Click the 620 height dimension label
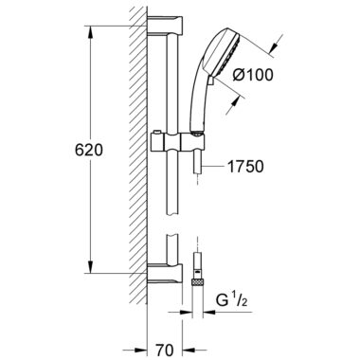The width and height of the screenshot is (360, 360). (x=89, y=150)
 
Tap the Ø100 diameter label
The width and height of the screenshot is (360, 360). (x=253, y=75)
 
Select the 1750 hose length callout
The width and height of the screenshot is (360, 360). (x=245, y=166)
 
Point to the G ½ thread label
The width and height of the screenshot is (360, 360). (x=231, y=300)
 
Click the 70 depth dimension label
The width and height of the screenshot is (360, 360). (x=165, y=350)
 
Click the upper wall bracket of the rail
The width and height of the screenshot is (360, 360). (x=165, y=26)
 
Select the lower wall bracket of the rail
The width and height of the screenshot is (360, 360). (x=165, y=273)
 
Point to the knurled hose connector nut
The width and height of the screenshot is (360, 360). (x=197, y=282)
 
